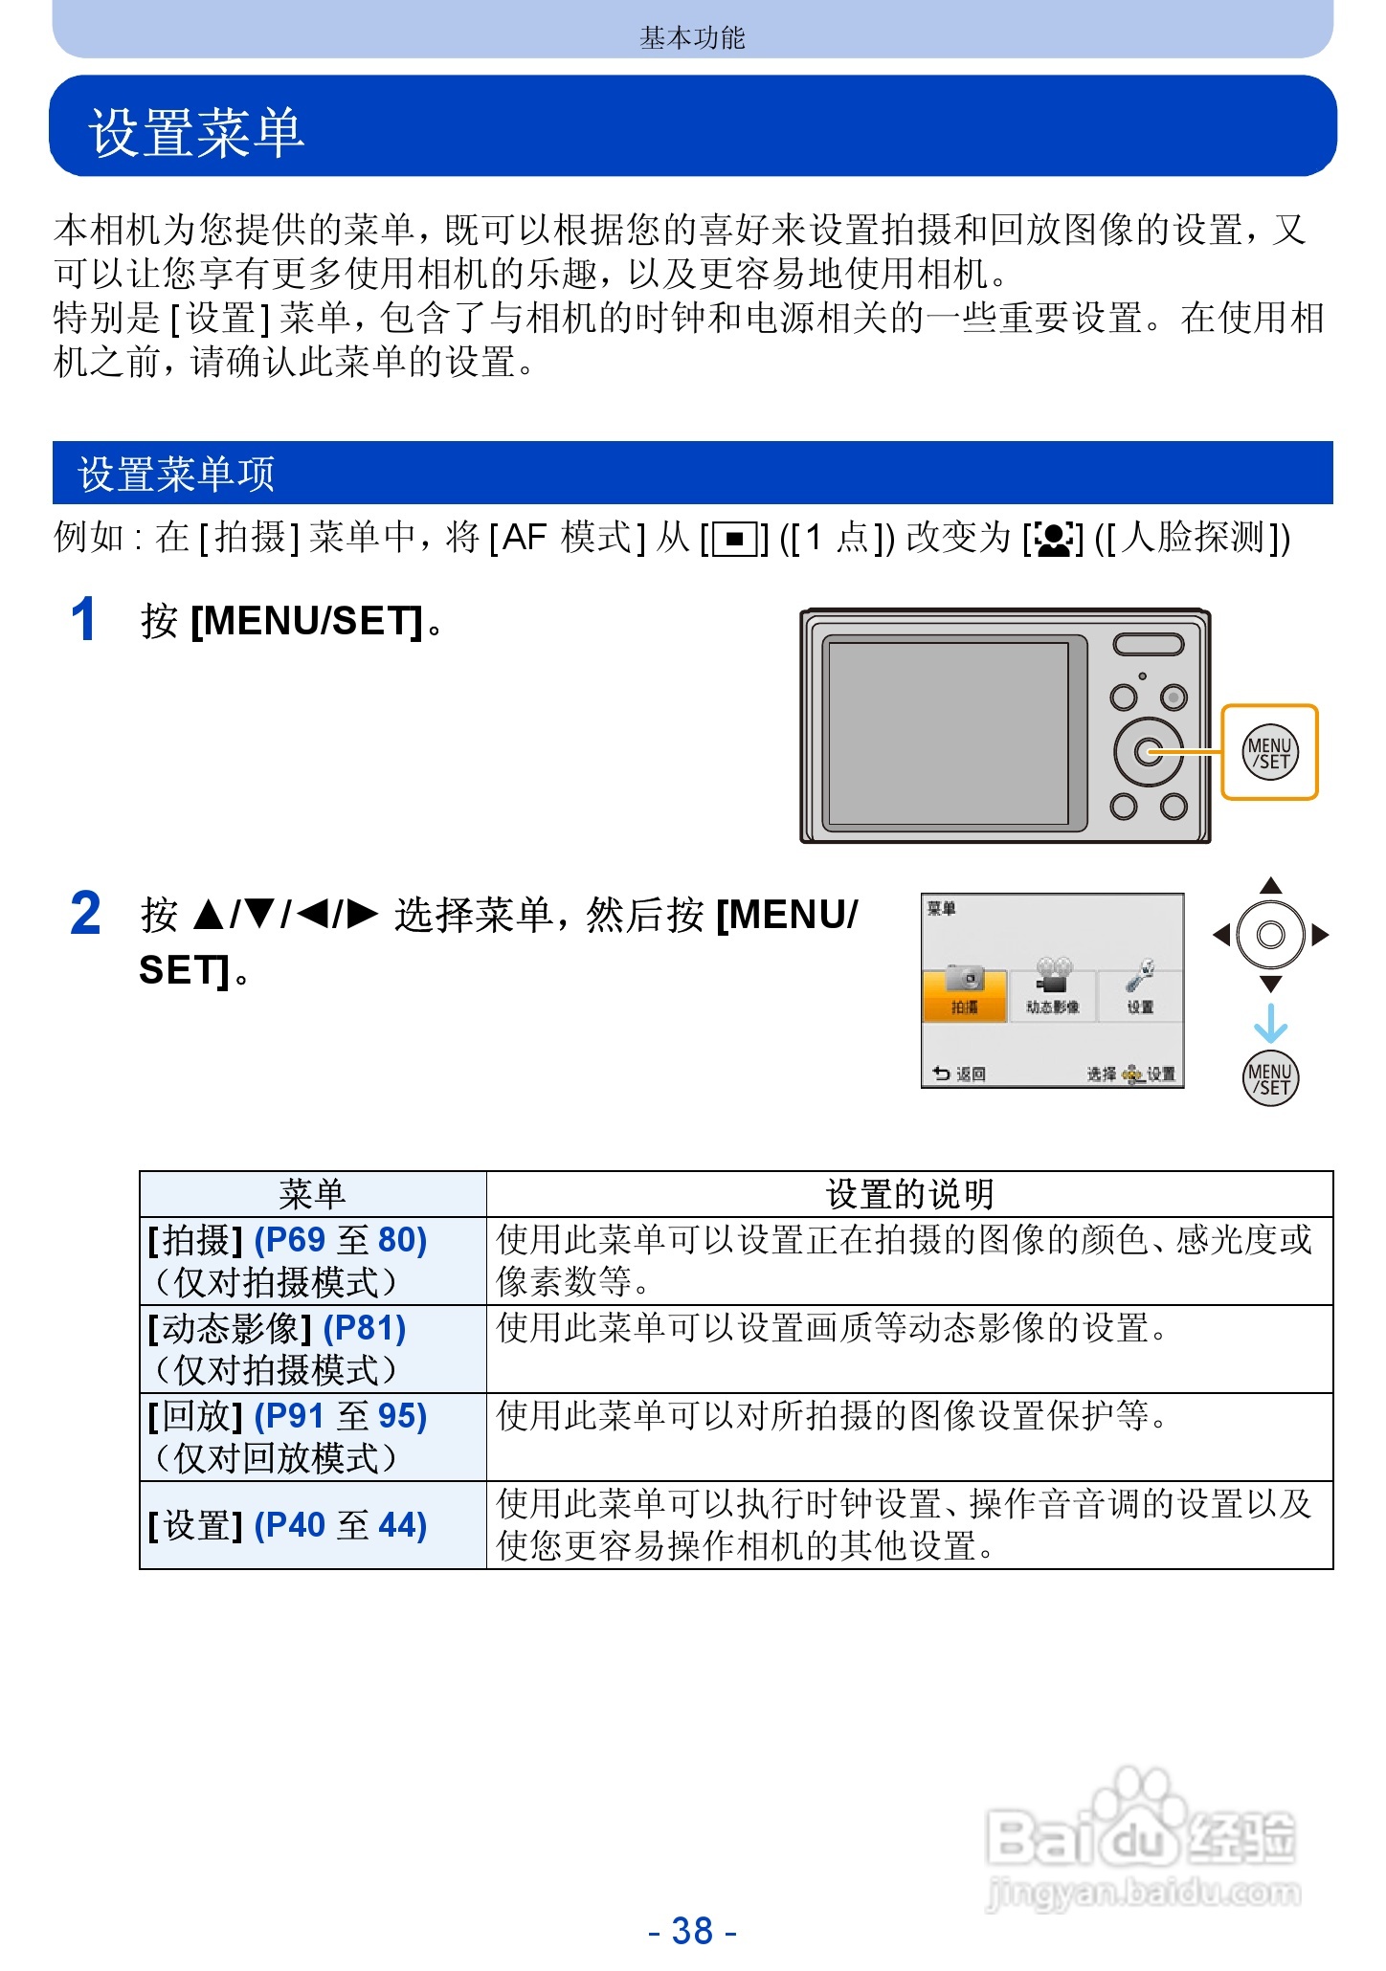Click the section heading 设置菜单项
tap(176, 474)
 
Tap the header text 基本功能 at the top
tap(692, 37)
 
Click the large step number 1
tap(84, 619)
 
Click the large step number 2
tap(85, 914)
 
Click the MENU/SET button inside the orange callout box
tap(1270, 752)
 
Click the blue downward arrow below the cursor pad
tap(1270, 1024)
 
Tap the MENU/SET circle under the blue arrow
tap(1270, 1078)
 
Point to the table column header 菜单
tap(312, 1194)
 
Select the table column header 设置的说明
tap(909, 1194)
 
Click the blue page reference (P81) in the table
tap(365, 1328)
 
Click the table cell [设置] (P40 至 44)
tap(287, 1525)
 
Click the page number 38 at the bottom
tap(692, 1931)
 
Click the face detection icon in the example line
tap(1053, 540)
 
